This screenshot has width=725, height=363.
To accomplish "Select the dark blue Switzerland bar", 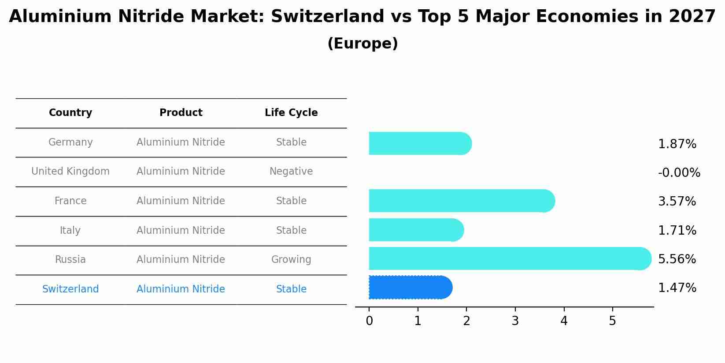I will [x=410, y=288].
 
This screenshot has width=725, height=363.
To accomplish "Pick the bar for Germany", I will [x=420, y=143].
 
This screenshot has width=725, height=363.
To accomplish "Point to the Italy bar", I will [x=416, y=230].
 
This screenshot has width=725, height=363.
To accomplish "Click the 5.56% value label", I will [x=677, y=259].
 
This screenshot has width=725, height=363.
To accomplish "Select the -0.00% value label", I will [x=678, y=173].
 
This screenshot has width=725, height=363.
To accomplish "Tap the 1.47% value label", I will [x=677, y=288].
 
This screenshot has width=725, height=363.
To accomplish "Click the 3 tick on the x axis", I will [x=515, y=321].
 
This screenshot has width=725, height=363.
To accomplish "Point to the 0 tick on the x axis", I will [x=369, y=321].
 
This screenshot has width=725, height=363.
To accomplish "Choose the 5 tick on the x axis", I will [x=612, y=321].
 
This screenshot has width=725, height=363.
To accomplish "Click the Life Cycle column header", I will [x=291, y=113].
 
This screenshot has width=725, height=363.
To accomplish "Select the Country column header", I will [x=70, y=113].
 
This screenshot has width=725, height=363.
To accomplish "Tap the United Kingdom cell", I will [x=70, y=172].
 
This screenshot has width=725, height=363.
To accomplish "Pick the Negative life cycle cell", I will [x=291, y=172].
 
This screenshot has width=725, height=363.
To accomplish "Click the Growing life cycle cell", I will [x=291, y=260].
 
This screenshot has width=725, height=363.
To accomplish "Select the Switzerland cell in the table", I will [x=70, y=289].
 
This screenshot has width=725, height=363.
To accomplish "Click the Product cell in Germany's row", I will [x=181, y=142].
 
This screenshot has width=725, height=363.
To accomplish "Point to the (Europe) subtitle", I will [x=362, y=44].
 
